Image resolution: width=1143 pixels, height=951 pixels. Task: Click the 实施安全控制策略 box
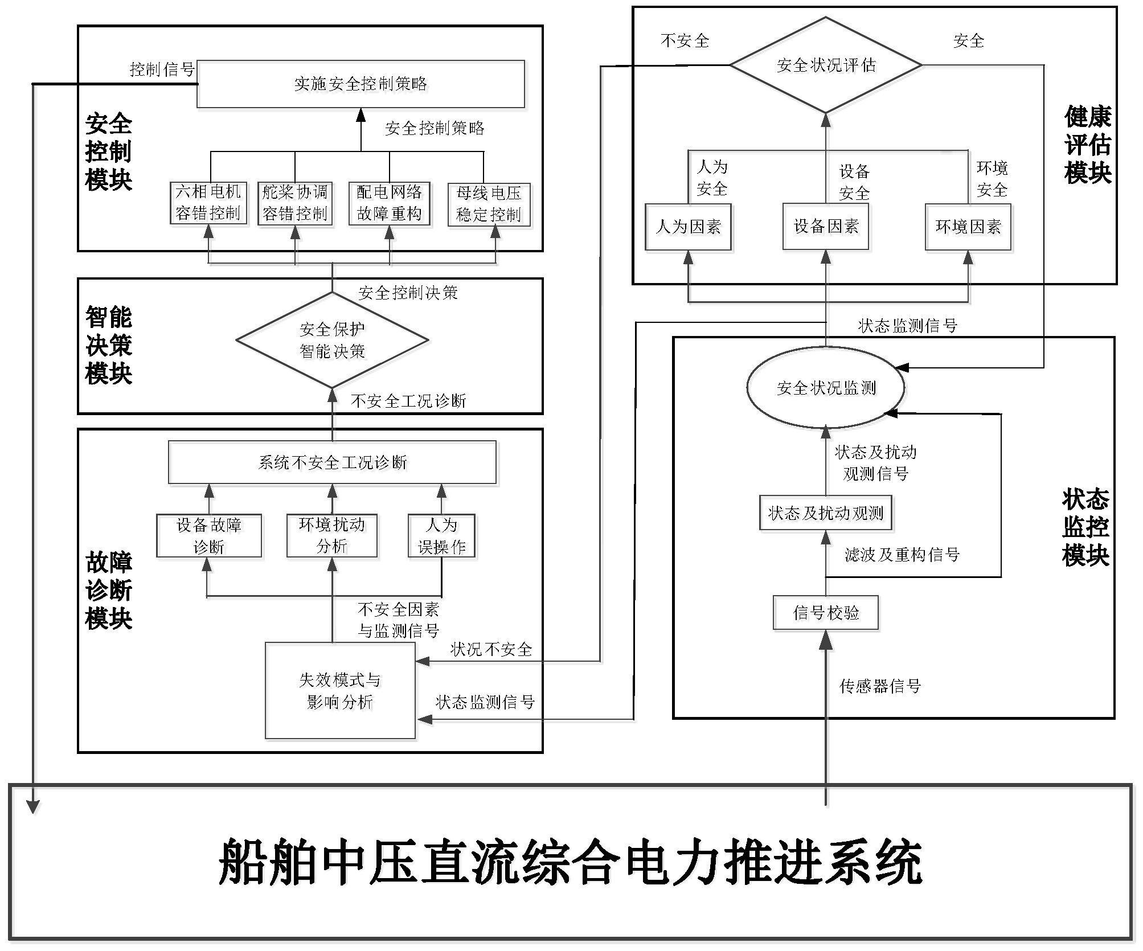click(x=360, y=84)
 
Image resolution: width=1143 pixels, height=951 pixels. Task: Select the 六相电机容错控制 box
click(x=208, y=203)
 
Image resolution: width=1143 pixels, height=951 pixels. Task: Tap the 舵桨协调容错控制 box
click(x=295, y=203)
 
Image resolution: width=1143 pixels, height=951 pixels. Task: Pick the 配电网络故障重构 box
click(x=390, y=203)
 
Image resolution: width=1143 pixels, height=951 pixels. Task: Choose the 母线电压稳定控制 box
click(x=489, y=204)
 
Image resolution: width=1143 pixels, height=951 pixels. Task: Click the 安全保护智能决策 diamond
click(x=333, y=341)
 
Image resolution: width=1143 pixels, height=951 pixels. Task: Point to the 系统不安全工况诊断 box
click(x=333, y=462)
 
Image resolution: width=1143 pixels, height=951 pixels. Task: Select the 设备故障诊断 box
click(x=209, y=536)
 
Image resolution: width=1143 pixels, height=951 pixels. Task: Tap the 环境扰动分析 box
click(x=332, y=535)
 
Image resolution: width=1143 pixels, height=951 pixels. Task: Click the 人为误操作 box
click(x=442, y=536)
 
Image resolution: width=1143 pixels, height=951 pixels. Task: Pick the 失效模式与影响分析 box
click(x=341, y=691)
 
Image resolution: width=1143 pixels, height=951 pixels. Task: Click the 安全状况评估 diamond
click(x=826, y=65)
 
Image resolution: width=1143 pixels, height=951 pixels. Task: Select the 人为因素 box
click(x=688, y=227)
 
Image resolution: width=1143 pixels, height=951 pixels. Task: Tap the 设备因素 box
click(x=826, y=227)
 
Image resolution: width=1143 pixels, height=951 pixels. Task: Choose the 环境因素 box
click(x=968, y=227)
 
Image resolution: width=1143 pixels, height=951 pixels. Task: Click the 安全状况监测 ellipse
click(x=826, y=388)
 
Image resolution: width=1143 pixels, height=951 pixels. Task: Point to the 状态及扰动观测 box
click(x=826, y=513)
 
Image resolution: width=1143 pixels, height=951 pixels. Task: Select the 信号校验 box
click(x=826, y=613)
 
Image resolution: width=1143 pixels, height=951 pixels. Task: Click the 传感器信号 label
click(x=880, y=686)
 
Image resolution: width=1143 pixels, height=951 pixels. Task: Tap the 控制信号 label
click(x=162, y=69)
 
